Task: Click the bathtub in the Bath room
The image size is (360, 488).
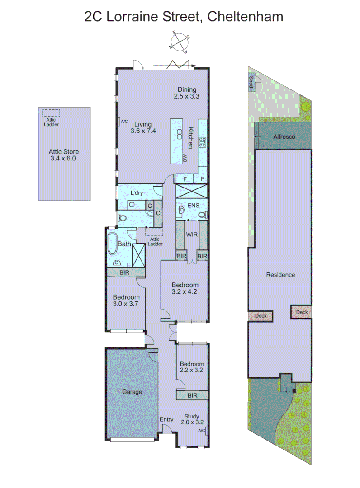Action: click(x=112, y=244)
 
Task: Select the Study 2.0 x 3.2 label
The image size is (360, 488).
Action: click(x=192, y=420)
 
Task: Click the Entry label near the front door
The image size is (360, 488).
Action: click(x=166, y=419)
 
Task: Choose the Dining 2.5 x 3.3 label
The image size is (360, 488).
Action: click(x=186, y=93)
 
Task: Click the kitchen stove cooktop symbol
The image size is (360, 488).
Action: click(x=203, y=142)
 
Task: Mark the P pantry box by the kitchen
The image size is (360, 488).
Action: click(x=202, y=179)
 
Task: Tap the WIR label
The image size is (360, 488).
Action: click(x=192, y=235)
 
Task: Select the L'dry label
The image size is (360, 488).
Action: click(x=137, y=193)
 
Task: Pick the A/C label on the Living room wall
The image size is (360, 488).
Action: click(x=123, y=121)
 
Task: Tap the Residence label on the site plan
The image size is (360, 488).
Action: click(x=280, y=275)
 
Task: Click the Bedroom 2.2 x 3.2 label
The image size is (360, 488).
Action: click(x=192, y=367)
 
